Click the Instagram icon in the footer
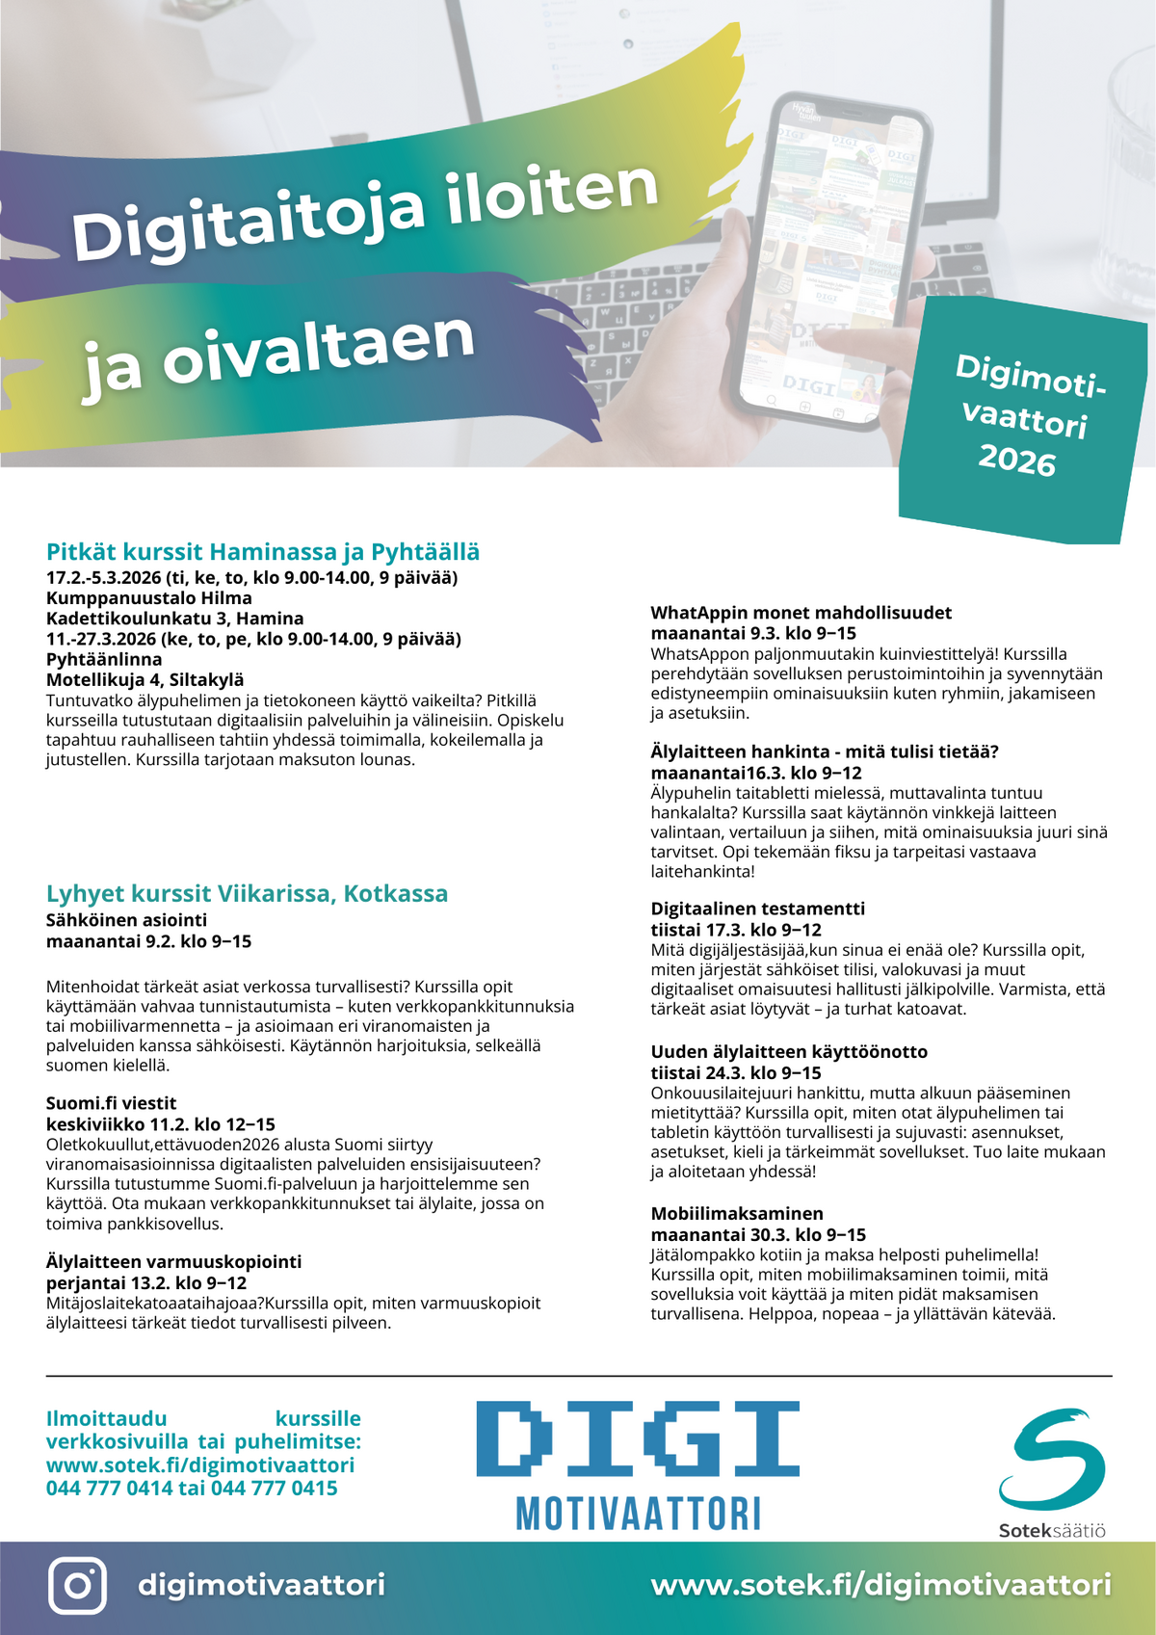pos(77,1585)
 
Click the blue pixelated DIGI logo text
pos(638,1439)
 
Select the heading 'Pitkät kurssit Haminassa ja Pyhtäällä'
pos(263,552)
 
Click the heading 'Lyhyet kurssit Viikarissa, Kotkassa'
pos(247,893)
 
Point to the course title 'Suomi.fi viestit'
pos(112,1103)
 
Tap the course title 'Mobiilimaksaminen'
pos(737,1214)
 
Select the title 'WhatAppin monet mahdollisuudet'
pos(801,613)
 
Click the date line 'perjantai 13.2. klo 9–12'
pos(146,1283)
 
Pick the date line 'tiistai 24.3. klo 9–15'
pos(736,1073)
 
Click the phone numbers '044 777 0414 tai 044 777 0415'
pos(192,1489)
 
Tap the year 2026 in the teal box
pos(1017,461)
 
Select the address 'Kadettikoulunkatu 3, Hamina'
pos(174,619)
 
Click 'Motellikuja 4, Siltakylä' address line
pos(145,680)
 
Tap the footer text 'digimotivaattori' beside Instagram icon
pos(261,1585)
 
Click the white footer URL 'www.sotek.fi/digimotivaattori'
pos(880,1585)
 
